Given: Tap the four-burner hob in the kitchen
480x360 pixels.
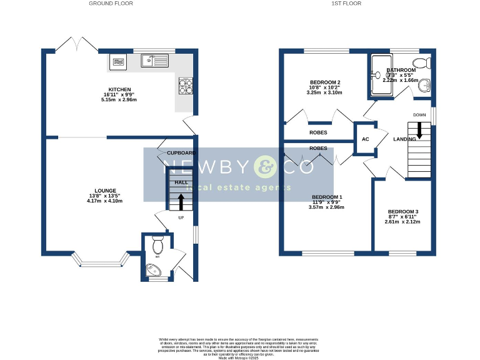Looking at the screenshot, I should point(186,85).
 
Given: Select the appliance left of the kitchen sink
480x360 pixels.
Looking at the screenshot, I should point(119,61).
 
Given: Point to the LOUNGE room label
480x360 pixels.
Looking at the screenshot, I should point(105,190).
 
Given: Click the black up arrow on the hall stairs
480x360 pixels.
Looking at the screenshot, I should point(181,201).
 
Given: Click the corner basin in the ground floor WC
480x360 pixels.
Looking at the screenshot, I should point(151,270).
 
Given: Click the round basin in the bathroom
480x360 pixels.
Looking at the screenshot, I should point(425,87).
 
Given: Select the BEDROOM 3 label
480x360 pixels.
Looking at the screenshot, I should point(402,212).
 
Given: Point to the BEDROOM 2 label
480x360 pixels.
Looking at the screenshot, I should point(325,82).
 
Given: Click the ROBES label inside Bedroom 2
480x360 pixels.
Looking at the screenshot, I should point(318,132).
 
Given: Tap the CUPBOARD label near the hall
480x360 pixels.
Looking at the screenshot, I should point(181,152).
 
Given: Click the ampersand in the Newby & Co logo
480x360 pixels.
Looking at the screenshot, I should point(264,167).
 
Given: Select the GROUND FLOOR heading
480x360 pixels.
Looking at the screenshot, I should point(111,4).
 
